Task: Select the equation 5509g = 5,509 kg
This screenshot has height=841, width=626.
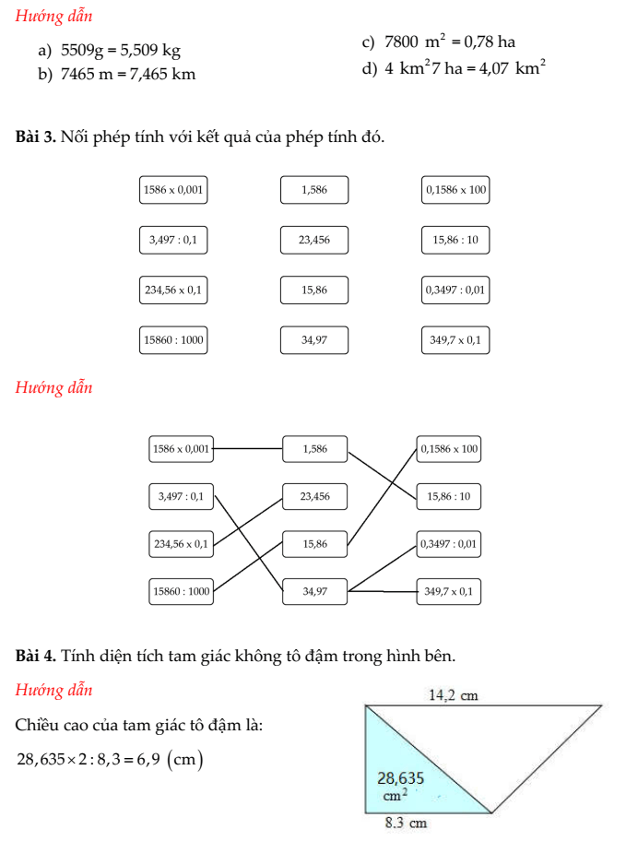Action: pos(121,52)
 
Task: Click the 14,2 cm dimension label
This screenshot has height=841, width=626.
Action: pos(455,695)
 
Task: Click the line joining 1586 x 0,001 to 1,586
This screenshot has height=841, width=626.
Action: pos(249,450)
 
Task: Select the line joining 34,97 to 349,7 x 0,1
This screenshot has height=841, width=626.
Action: pos(383,591)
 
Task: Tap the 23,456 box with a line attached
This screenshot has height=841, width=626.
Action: pos(315,496)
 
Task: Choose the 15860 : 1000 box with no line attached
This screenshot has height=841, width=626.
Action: pos(172,340)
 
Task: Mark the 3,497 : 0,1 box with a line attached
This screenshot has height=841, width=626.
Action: pos(182,496)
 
